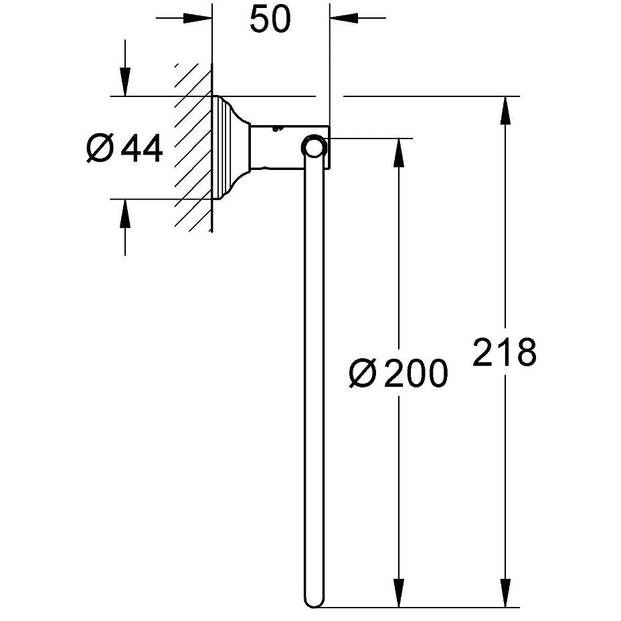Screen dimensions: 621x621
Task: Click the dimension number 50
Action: coord(270,19)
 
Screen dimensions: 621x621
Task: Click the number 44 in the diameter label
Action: coord(141,148)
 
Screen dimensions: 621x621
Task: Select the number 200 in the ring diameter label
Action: coord(416,373)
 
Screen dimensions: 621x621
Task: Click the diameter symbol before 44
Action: coord(100,148)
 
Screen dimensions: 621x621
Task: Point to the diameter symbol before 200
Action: coord(362,373)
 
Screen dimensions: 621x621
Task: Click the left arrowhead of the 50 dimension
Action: coord(197,18)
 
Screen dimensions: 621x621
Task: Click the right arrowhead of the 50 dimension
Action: coord(344,18)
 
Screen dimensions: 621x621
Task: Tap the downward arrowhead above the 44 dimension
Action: coord(125,82)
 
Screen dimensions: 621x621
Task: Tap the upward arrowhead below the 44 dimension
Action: coord(125,213)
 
